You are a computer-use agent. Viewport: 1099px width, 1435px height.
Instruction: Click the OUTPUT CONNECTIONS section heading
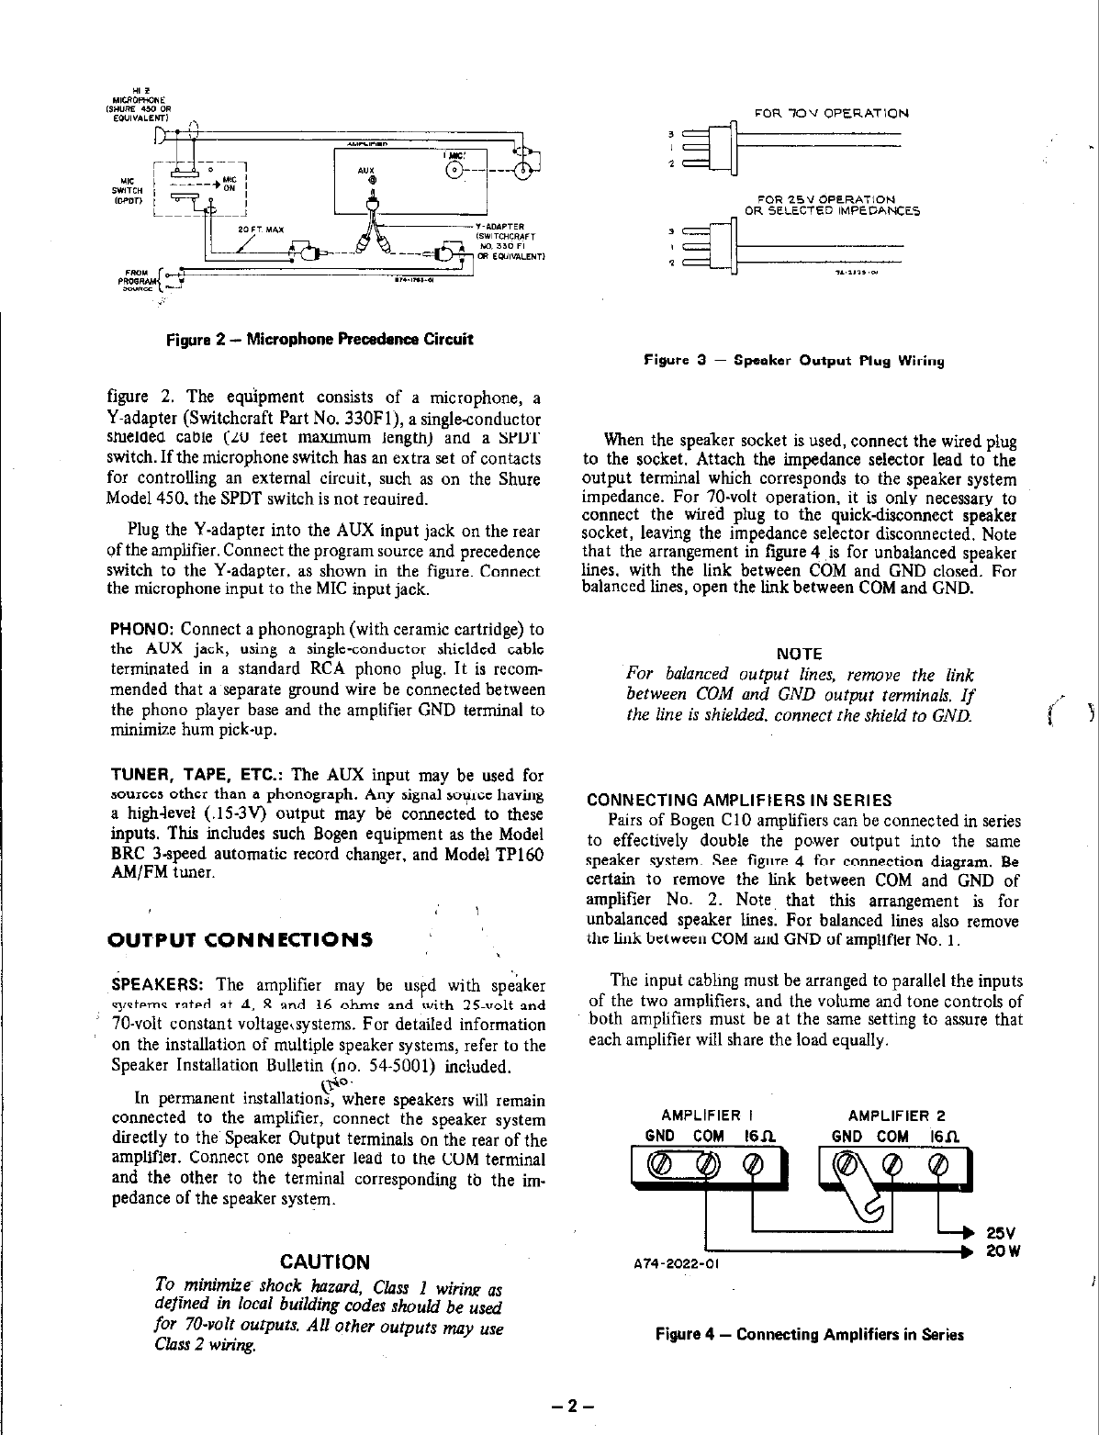[241, 939]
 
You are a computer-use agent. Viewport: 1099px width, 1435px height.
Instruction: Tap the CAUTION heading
[324, 1261]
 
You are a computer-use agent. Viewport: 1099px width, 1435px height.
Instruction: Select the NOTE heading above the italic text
[799, 654]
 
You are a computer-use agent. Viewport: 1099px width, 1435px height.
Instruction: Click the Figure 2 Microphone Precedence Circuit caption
[320, 339]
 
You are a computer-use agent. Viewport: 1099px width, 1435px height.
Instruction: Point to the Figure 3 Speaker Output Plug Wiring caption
[794, 362]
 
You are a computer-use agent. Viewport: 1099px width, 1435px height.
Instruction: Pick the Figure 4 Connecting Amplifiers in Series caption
[809, 1334]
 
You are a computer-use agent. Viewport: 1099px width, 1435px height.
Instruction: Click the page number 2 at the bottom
[569, 1406]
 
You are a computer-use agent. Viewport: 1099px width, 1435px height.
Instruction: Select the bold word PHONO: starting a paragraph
[142, 630]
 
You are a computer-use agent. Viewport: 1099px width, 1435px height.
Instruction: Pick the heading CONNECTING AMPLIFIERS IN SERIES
[738, 800]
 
